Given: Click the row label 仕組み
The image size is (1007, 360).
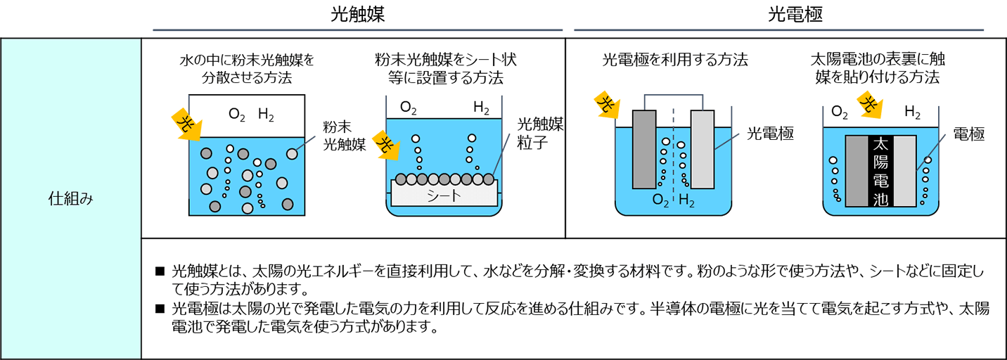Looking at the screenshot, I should pyautogui.click(x=70, y=199).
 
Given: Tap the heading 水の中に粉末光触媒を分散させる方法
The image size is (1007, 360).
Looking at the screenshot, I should pyautogui.click(x=247, y=68).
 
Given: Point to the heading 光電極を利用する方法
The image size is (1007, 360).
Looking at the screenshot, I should pyautogui.click(x=674, y=60).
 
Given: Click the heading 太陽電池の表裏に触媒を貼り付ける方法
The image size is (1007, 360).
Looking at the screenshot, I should pyautogui.click(x=887, y=68).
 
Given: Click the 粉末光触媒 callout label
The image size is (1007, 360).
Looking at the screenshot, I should pyautogui.click(x=344, y=136).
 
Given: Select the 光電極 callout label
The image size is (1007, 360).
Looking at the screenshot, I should pyautogui.click(x=769, y=134).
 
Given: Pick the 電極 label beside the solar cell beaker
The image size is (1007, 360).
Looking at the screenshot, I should pyautogui.click(x=968, y=134).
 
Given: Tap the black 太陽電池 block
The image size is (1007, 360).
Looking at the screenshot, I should pyautogui.click(x=880, y=171).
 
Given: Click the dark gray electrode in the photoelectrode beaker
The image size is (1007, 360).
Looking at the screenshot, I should pyautogui.click(x=644, y=149).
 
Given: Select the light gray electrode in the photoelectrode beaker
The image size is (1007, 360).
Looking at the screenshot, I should pyautogui.click(x=702, y=149).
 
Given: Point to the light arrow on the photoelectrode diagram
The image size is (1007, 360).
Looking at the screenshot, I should pyautogui.click(x=607, y=105).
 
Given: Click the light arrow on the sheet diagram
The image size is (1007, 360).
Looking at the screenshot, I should pyautogui.click(x=386, y=143).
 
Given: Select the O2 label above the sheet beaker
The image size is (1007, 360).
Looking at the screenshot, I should pyautogui.click(x=409, y=108).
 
